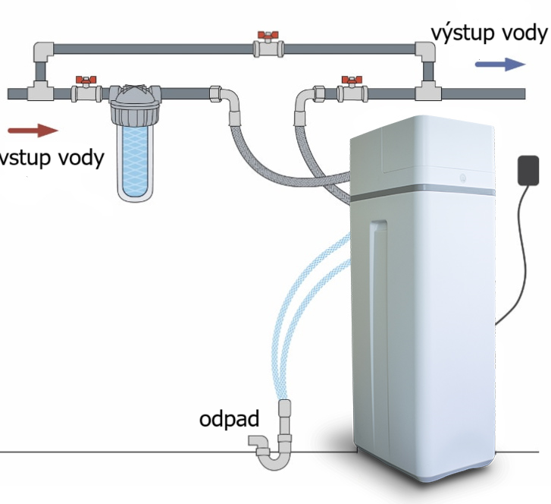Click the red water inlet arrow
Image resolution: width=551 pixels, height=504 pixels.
coord(33,131)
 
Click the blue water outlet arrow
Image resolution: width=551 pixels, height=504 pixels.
coord(500,65)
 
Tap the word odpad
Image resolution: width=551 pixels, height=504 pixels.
coord(229,419)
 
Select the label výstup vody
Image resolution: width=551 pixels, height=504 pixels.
coord(489,33)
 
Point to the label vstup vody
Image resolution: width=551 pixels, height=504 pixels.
coord(51,158)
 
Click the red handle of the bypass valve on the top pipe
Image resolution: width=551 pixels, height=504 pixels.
coord(268,35)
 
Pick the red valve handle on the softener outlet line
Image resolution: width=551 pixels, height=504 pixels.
coord(352,80)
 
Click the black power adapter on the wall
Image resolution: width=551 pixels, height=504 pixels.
coord(528,170)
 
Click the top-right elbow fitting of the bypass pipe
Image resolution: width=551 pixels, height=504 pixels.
coord(426,52)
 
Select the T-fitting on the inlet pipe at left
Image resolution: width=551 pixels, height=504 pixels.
coord(40,92)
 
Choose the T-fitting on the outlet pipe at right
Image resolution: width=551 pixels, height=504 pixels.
coord(428,92)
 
